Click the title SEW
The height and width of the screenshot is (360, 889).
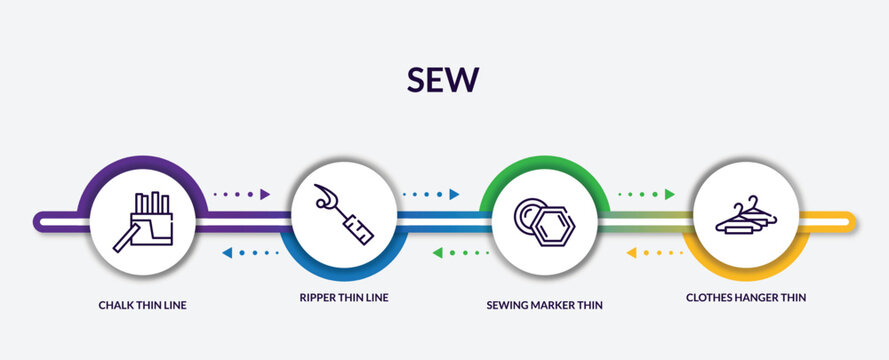443,79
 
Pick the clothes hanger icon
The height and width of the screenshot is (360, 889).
746,216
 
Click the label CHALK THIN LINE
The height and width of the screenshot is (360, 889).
142,305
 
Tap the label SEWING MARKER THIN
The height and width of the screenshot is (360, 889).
544,305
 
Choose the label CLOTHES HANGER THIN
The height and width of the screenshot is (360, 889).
746,297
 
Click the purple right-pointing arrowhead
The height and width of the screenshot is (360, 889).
265,194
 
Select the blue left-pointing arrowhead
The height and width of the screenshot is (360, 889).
226,253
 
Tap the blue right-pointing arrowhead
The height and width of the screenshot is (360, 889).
454,194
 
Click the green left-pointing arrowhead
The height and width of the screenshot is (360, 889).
437,253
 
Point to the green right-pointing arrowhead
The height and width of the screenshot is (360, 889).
670,194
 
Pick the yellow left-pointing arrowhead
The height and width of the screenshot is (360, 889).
631,253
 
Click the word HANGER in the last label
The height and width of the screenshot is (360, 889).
756,297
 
